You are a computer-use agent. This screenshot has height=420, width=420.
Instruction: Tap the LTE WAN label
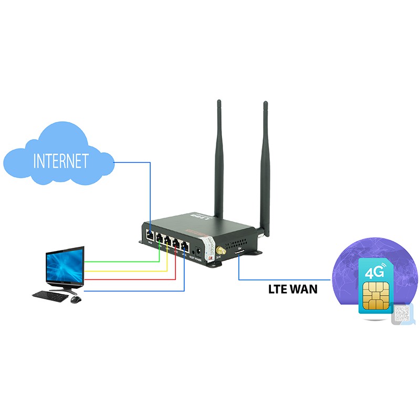(292, 288)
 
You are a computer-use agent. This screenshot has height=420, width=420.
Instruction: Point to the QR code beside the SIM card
(402, 313)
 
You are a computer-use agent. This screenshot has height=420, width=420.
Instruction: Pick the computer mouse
(76, 300)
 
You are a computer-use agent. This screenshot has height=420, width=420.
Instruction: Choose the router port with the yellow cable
(167, 242)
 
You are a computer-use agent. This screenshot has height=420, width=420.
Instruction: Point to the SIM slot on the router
(239, 254)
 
